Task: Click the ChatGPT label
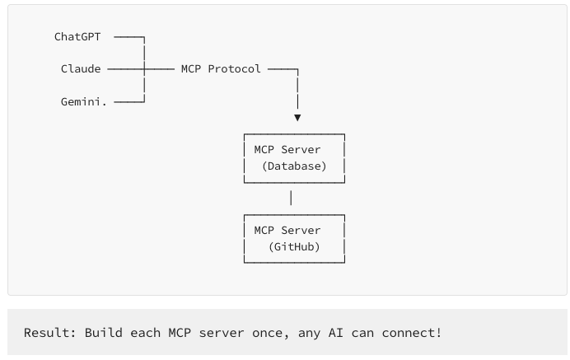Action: (77, 37)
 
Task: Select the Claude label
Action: (81, 68)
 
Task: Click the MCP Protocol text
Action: (221, 68)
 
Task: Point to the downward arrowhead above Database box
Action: (297, 118)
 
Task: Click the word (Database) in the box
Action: (294, 166)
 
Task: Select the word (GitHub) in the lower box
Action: (294, 246)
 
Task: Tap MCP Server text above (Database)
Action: (287, 150)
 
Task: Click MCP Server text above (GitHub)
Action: (287, 230)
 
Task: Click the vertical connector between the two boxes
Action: (291, 198)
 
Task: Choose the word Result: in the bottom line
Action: (50, 333)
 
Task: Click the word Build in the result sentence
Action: (100, 333)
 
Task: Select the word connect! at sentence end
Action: (412, 333)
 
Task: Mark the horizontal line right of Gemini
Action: (128, 101)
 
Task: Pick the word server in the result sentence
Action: (240, 333)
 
